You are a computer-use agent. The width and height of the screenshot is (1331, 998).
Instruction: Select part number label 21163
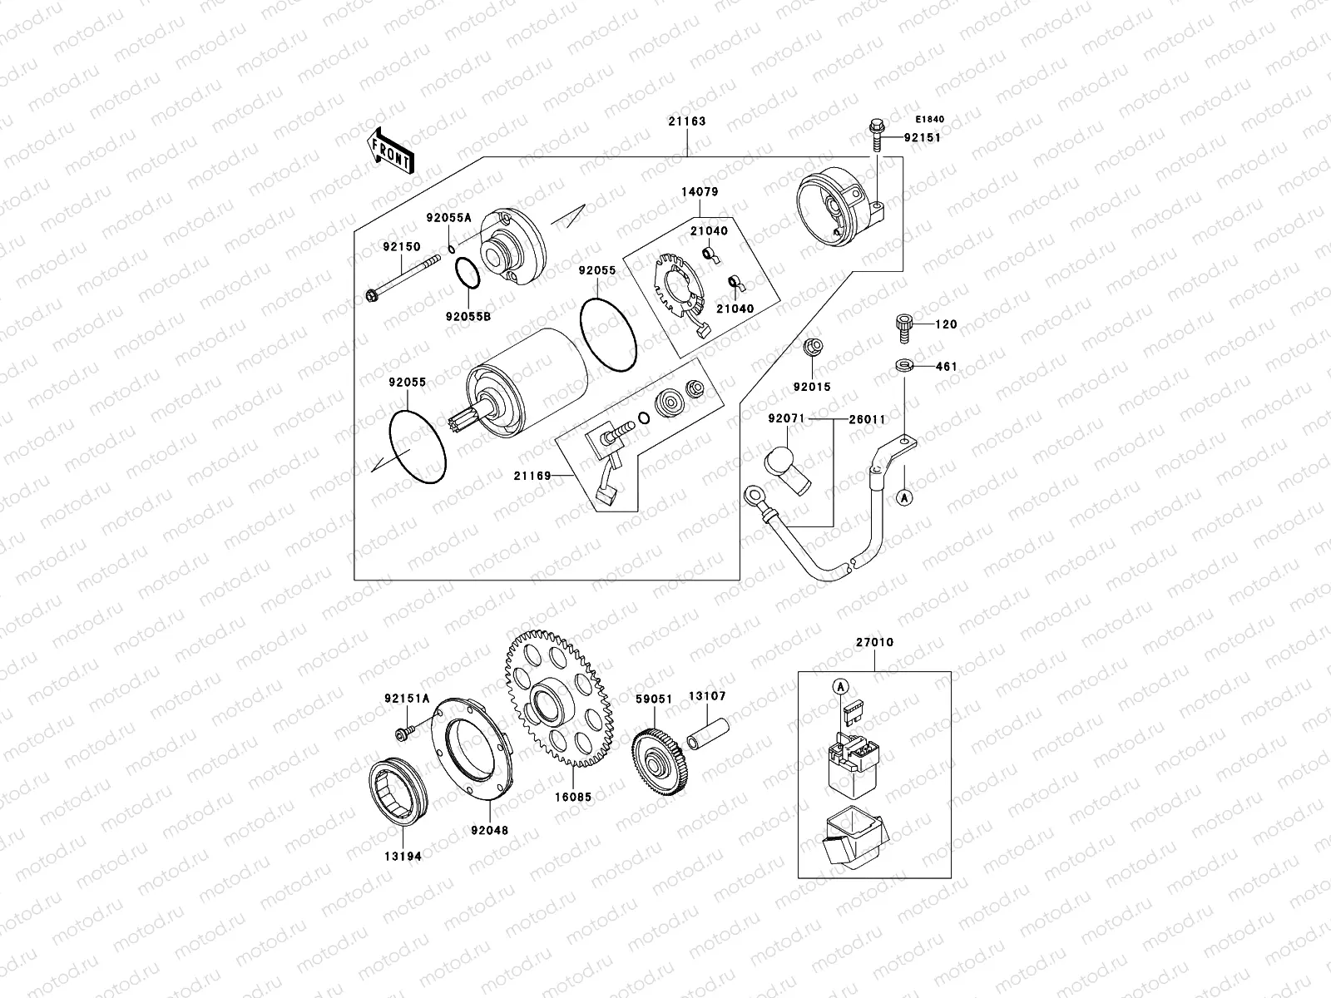tap(686, 121)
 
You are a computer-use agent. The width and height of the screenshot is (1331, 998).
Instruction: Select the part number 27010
tap(873, 643)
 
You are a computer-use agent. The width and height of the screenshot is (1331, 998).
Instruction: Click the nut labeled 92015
tap(813, 348)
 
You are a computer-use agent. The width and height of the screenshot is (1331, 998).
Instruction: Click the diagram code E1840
tap(931, 119)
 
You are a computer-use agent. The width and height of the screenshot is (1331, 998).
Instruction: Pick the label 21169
tap(532, 476)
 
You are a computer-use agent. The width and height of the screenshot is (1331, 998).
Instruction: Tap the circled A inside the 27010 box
tap(839, 687)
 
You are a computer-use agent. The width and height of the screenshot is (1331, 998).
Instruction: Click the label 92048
tap(489, 830)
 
